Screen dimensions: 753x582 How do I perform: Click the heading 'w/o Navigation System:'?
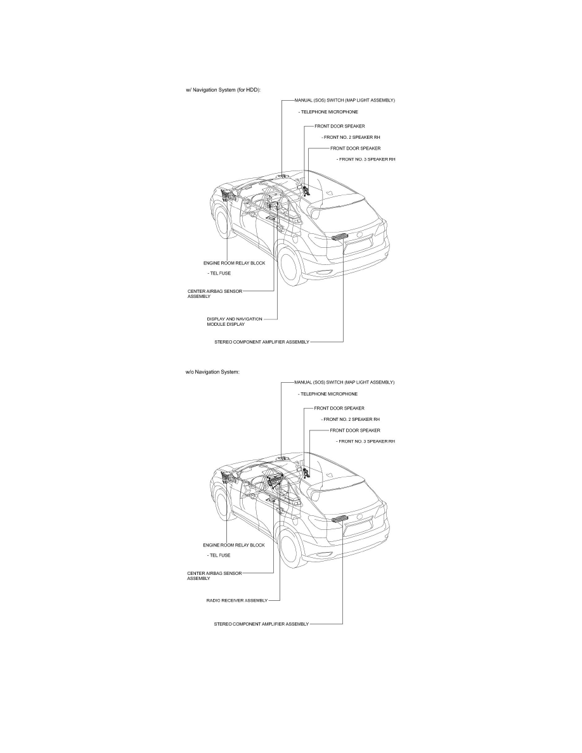tap(209, 372)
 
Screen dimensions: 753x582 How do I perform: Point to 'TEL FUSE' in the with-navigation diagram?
tap(219, 273)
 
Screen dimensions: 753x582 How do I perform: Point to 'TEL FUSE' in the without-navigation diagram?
tap(219, 555)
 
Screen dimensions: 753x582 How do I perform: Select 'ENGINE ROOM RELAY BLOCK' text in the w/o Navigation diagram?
tap(234, 544)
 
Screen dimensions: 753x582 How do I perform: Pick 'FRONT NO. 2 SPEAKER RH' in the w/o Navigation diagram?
tap(351, 419)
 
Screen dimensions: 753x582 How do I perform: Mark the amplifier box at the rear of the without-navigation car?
tap(340, 519)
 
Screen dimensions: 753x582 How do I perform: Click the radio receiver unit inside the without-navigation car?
tap(275, 482)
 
